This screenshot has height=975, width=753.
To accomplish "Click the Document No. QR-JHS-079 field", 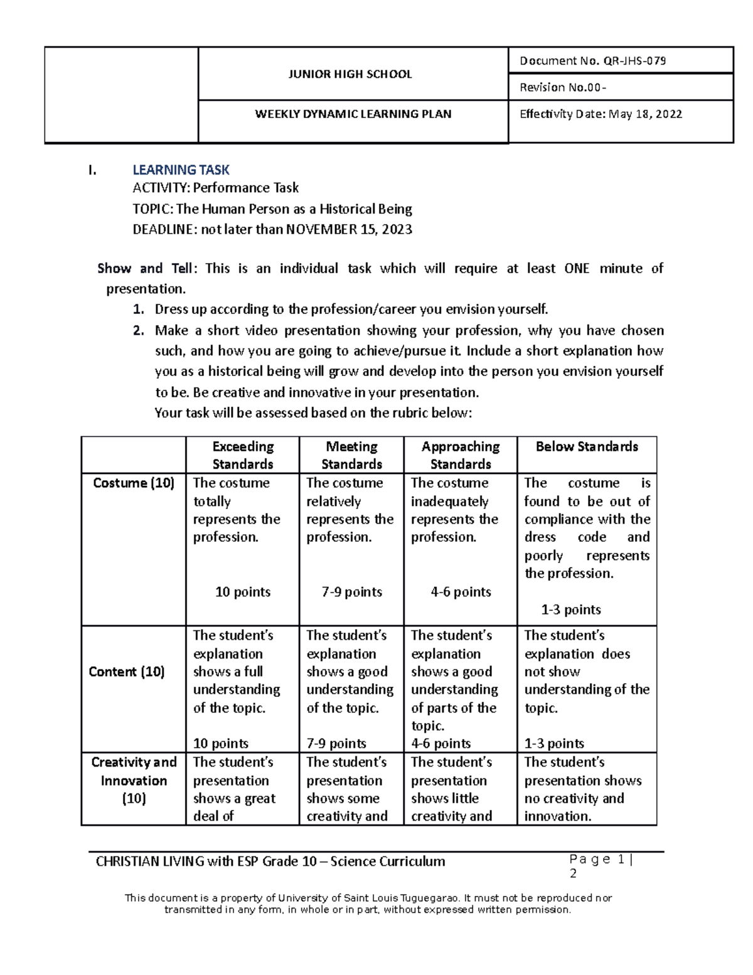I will click(x=592, y=61).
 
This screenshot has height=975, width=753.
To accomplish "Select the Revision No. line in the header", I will click(x=562, y=87).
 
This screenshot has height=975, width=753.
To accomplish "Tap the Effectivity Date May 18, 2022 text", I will click(x=601, y=114).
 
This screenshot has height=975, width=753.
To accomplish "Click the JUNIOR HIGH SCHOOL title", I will click(x=350, y=74).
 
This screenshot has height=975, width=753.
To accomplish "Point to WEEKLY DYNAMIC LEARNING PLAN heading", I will click(x=353, y=114).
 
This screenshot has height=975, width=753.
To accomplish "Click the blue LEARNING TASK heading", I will click(x=181, y=170).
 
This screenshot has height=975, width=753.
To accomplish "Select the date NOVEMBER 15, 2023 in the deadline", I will click(x=349, y=229).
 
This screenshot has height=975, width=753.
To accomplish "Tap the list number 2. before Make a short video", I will click(x=139, y=330).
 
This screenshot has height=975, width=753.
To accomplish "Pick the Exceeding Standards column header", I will click(x=243, y=455).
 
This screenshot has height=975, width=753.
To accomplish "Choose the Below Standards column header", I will click(x=586, y=447).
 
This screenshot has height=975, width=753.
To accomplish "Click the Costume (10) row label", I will click(x=133, y=483).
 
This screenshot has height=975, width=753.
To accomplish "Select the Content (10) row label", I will click(x=127, y=672).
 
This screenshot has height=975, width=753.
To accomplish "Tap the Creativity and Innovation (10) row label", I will click(x=134, y=780).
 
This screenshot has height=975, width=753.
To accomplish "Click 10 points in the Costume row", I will click(x=243, y=592).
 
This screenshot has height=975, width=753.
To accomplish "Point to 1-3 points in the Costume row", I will click(x=570, y=610).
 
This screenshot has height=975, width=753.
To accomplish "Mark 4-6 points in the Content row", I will click(x=441, y=743).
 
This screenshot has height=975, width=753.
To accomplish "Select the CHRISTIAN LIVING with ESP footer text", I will click(x=270, y=861).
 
